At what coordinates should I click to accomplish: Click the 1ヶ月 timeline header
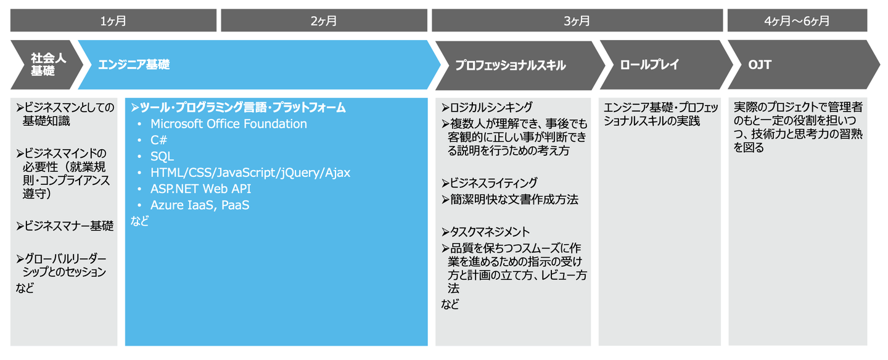(x=113, y=21)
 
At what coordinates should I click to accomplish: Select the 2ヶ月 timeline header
(x=324, y=21)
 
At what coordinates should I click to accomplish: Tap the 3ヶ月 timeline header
(x=577, y=21)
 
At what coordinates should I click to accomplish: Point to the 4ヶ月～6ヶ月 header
(x=797, y=21)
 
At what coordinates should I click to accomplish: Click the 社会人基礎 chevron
(x=43, y=65)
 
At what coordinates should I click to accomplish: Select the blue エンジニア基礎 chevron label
(x=134, y=65)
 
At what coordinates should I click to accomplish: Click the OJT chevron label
(x=759, y=65)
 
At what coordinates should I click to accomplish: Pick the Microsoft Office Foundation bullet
(x=228, y=124)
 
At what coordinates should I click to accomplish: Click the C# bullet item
(x=159, y=141)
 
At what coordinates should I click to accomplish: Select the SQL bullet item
(x=162, y=157)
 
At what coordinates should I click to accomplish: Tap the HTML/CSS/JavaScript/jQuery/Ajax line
(x=250, y=173)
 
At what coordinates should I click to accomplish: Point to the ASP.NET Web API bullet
(x=200, y=189)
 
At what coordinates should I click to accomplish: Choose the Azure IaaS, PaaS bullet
(x=200, y=205)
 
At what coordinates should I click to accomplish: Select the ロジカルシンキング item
(x=491, y=107)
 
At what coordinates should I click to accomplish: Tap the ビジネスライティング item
(x=493, y=183)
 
